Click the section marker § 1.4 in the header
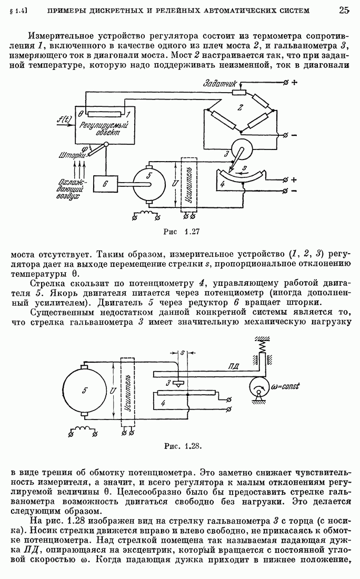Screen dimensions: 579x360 18,11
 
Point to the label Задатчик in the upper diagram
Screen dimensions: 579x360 221,84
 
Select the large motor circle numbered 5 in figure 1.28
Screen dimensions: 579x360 84,391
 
